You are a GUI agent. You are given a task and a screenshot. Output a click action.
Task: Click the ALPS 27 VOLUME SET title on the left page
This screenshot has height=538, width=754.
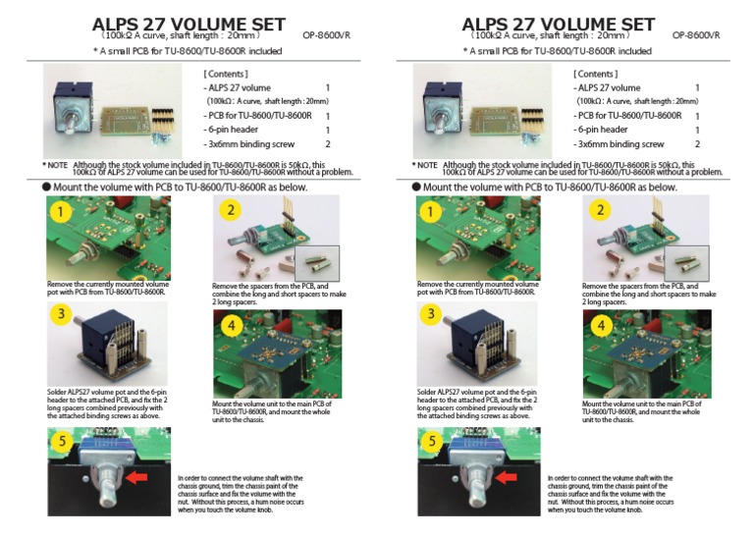tap(188, 24)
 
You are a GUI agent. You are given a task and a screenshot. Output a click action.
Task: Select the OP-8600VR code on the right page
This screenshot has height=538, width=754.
tap(696, 35)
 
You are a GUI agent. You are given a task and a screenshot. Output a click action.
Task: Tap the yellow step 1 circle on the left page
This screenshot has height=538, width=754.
tap(62, 210)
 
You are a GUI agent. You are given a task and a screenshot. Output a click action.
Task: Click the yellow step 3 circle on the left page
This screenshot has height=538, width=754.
tap(62, 315)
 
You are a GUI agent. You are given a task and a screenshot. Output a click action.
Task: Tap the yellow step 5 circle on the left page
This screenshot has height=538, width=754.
tap(62, 441)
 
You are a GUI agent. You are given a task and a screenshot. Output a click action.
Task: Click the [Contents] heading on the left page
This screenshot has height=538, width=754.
tap(225, 74)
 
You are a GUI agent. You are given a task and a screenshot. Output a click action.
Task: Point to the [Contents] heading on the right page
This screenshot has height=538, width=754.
tap(594, 74)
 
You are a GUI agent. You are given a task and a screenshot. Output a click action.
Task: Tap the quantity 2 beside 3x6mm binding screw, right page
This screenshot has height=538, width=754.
tap(697, 144)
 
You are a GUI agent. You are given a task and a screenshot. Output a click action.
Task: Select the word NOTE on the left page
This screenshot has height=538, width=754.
tap(57, 165)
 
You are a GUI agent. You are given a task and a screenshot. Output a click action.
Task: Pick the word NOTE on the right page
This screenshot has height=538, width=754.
tap(426, 165)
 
